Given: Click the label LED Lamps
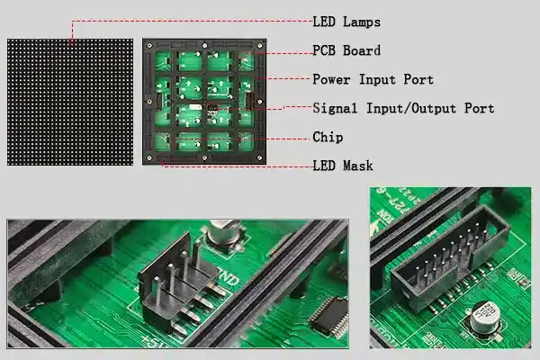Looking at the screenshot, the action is [x=346, y=22].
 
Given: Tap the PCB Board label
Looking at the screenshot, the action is [x=346, y=50].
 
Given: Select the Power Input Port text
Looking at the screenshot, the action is [x=373, y=79].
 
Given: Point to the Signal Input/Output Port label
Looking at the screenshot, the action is [x=403, y=108].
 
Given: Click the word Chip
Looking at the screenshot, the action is [x=328, y=137].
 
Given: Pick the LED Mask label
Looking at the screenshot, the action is [x=343, y=166].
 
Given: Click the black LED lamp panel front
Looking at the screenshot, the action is [x=70, y=102].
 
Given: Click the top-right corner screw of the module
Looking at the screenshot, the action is [x=260, y=46].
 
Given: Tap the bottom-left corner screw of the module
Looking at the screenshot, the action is [x=149, y=158].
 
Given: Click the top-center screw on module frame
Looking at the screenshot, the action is [x=204, y=46].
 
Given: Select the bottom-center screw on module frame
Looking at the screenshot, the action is [x=204, y=158].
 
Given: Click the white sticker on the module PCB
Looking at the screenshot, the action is [x=195, y=107].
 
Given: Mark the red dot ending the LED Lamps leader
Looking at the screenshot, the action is [x=72, y=42].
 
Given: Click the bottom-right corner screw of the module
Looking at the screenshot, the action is [x=260, y=158].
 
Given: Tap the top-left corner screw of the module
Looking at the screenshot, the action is [x=149, y=46].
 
